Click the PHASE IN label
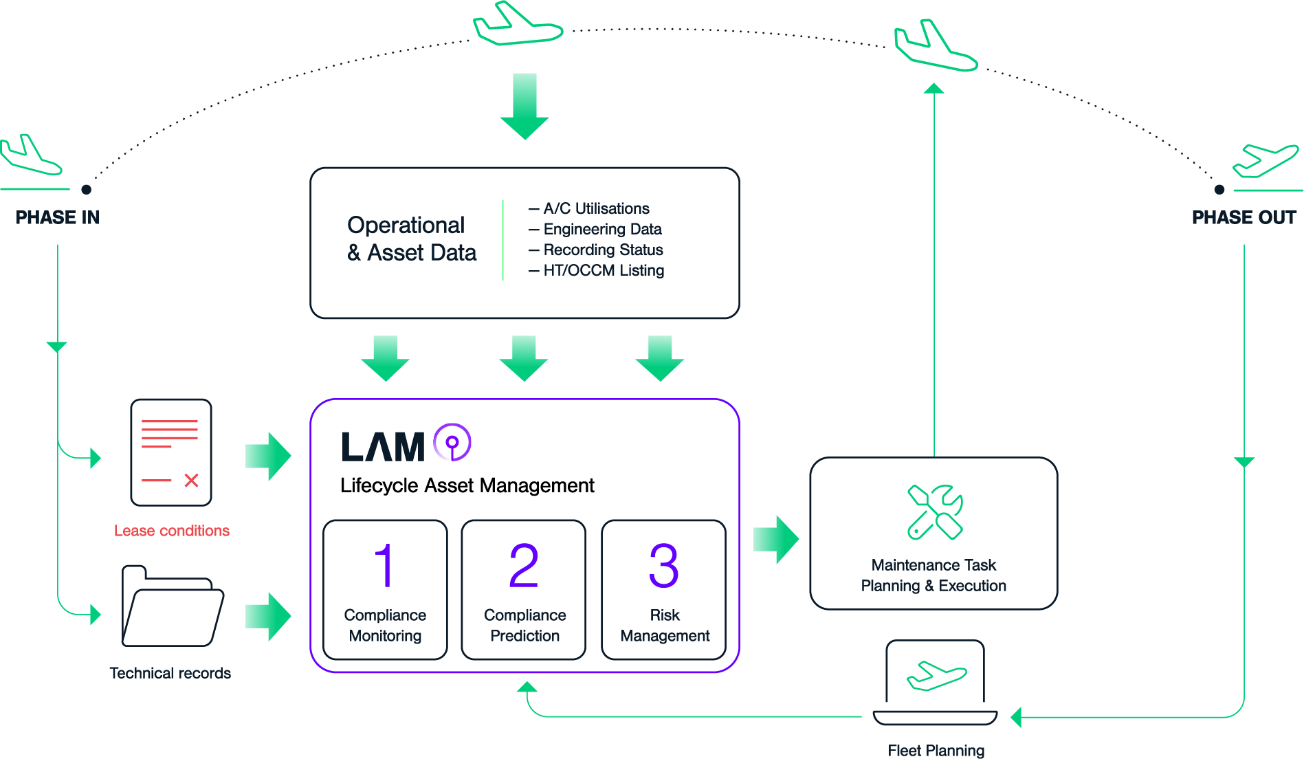pos(58,217)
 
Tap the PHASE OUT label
pos(1244,217)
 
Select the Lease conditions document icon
pos(171,452)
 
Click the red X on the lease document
pos(191,481)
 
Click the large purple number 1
pos(385,566)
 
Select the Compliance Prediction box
pos(524,590)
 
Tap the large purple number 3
pos(663,566)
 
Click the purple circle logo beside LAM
pos(452,443)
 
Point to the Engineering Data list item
pos(601,229)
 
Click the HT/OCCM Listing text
pos(603,270)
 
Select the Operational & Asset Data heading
pos(411,239)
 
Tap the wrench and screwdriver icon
pos(935,512)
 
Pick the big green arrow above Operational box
pos(524,106)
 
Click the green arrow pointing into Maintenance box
pos(776,540)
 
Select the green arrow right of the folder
pos(268,617)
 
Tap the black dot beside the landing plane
pos(86,189)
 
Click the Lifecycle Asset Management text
pos(467,485)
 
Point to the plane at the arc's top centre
pos(518,25)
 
